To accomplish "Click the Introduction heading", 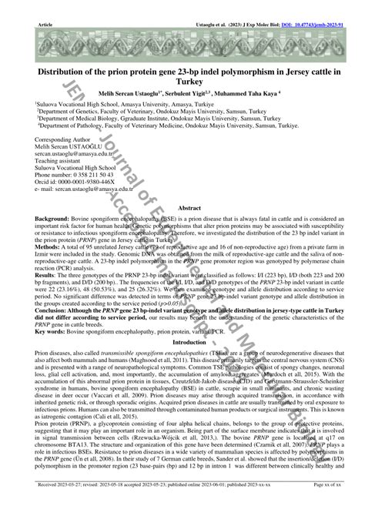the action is (x=189, y=341).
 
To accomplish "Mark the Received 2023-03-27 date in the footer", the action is (x=54, y=506).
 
